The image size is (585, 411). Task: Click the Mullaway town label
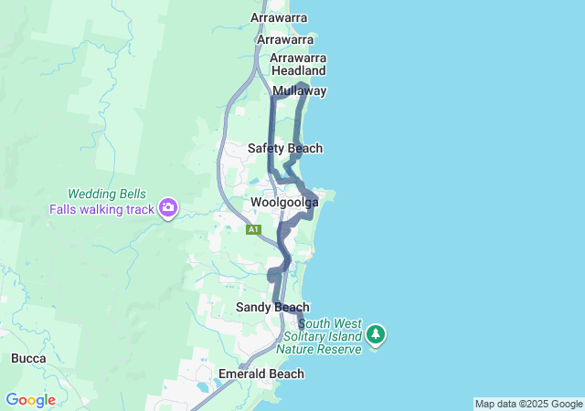299,90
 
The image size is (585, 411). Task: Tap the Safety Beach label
285,148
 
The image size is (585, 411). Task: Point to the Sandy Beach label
271,307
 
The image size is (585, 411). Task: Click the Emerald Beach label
261,374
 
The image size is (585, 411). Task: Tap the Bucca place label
29,358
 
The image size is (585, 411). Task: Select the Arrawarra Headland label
298,64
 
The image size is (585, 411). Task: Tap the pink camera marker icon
167,208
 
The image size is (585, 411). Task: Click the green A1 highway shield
253,229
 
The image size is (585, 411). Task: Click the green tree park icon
375,335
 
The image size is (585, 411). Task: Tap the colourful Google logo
30,400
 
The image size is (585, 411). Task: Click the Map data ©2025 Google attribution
528,404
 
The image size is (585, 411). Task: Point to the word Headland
298,70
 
